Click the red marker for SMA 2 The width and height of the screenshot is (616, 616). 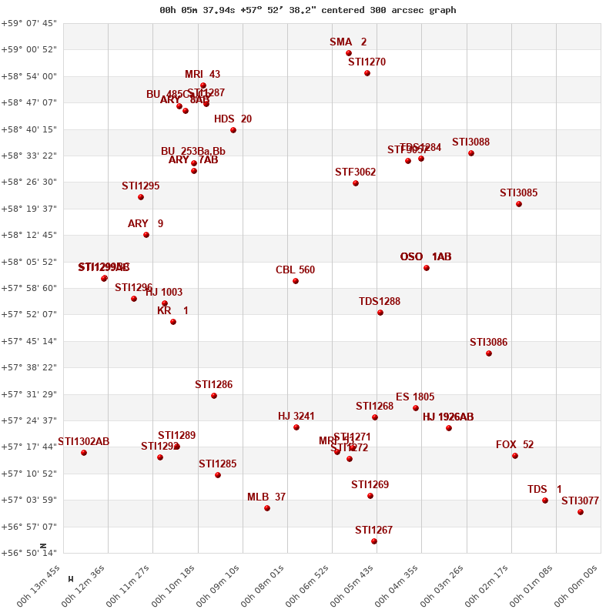[x=349, y=53]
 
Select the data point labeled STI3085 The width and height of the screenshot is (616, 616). [x=519, y=204]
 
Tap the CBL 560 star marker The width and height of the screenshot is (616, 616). [x=296, y=281]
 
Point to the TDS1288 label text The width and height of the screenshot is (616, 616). [x=380, y=302]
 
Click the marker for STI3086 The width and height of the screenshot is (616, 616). [x=489, y=353]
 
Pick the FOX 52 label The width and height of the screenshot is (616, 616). [x=514, y=445]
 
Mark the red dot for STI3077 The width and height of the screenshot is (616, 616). [x=581, y=512]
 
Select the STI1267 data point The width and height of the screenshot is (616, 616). [x=374, y=541]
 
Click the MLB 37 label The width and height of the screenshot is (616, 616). [x=266, y=497]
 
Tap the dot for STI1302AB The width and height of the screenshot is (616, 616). [x=84, y=453]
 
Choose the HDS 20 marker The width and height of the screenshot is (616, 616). [x=233, y=130]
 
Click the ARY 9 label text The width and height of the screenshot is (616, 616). [x=146, y=224]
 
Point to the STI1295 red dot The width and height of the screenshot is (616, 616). [x=141, y=197]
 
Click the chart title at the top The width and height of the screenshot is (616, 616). [x=308, y=10]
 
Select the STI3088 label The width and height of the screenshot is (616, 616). [x=470, y=142]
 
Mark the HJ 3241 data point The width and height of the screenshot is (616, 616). [x=296, y=427]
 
